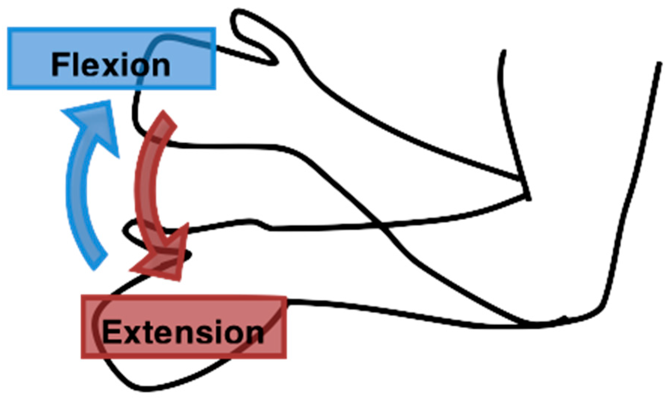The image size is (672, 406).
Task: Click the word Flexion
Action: pyautogui.click(x=111, y=65)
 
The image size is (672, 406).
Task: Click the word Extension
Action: pyautogui.click(x=183, y=332)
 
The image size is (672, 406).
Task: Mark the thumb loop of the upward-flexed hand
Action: pyautogui.click(x=251, y=37)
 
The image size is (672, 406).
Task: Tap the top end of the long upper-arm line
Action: pyautogui.click(x=659, y=64)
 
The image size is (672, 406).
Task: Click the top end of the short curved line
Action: pyautogui.click(x=503, y=51)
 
